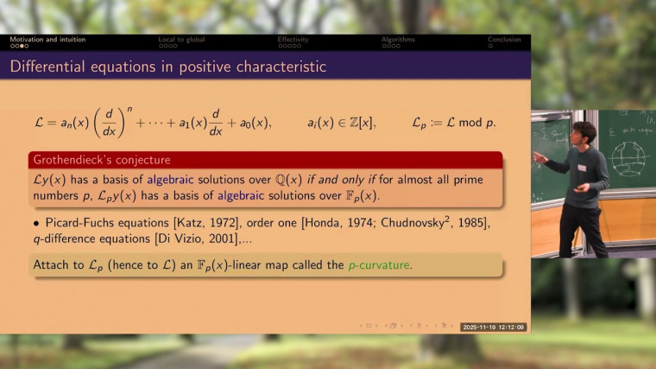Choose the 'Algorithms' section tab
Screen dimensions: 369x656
coord(398,39)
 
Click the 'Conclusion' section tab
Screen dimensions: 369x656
coord(504,39)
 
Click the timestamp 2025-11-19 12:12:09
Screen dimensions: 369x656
coord(494,328)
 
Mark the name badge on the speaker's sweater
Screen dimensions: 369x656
coord(583,168)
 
